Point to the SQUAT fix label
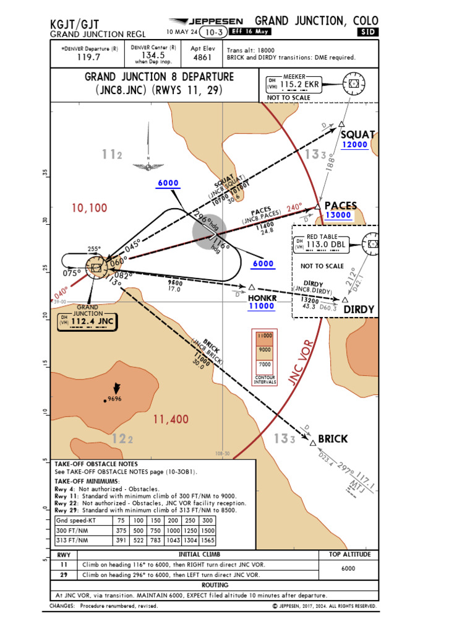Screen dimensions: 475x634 coord(357,134)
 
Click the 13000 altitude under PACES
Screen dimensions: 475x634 coord(338,215)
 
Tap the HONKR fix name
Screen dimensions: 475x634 coord(262,297)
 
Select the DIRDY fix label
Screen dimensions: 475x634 coord(359,310)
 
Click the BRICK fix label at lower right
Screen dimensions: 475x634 coord(333,439)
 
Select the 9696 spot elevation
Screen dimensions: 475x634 coord(114,399)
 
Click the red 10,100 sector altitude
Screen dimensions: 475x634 coord(89,208)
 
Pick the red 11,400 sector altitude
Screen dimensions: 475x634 coord(171,420)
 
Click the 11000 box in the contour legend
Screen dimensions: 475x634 coord(264,336)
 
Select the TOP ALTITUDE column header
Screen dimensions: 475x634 coord(348,555)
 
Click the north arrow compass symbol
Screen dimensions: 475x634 coord(148,152)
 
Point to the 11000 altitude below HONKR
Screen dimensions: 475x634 coord(262,306)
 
